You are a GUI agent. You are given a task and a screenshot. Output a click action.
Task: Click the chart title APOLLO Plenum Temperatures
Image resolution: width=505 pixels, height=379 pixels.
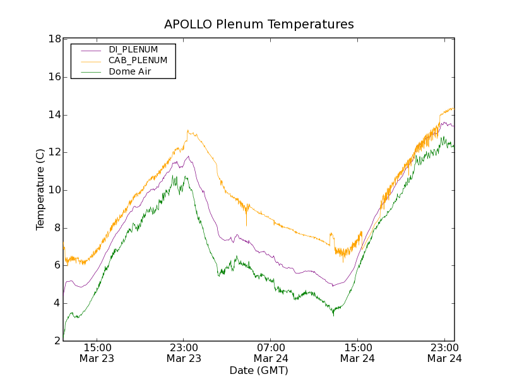(259, 25)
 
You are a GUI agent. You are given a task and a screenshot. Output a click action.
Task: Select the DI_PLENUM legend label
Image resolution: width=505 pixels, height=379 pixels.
(133, 49)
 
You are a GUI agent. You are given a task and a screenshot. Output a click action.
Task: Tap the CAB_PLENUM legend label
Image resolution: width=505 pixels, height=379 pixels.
(138, 61)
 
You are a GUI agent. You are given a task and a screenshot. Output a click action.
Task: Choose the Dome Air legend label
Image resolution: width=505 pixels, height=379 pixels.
(130, 72)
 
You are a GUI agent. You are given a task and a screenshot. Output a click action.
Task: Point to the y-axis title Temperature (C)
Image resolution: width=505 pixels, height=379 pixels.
(40, 189)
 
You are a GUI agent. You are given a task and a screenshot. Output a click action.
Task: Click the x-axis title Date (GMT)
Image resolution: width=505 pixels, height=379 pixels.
(259, 370)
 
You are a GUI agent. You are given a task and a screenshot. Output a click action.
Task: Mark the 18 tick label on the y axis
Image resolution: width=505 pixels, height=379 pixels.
(54, 39)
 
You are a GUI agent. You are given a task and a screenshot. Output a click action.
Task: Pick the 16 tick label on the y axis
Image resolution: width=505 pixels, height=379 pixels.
(54, 77)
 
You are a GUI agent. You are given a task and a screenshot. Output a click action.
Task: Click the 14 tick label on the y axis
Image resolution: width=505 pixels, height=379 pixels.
(54, 115)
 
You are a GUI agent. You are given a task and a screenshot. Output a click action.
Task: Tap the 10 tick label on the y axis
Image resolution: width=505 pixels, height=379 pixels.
(54, 190)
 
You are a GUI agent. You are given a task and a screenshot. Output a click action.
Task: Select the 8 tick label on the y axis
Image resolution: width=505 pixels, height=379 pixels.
(57, 228)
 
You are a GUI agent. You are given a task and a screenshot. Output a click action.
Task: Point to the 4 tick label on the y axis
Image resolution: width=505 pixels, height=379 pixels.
(57, 303)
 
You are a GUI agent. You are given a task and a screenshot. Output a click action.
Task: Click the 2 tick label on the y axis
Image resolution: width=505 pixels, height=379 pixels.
(57, 341)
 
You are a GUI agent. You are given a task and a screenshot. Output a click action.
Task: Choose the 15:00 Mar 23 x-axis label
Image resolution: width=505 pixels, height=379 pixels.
(97, 352)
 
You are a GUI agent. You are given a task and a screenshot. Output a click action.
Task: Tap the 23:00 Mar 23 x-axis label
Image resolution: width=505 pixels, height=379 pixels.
(184, 352)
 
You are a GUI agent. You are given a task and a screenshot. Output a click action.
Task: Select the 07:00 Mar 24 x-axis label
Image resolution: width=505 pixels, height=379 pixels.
(271, 352)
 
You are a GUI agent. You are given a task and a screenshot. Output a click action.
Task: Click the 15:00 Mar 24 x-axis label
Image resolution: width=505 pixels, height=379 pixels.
(357, 352)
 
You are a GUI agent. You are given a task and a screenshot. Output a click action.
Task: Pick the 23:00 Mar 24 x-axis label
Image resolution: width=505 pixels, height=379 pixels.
(444, 352)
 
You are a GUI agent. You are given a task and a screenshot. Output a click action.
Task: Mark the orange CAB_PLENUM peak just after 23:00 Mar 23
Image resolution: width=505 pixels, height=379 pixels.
(187, 131)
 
